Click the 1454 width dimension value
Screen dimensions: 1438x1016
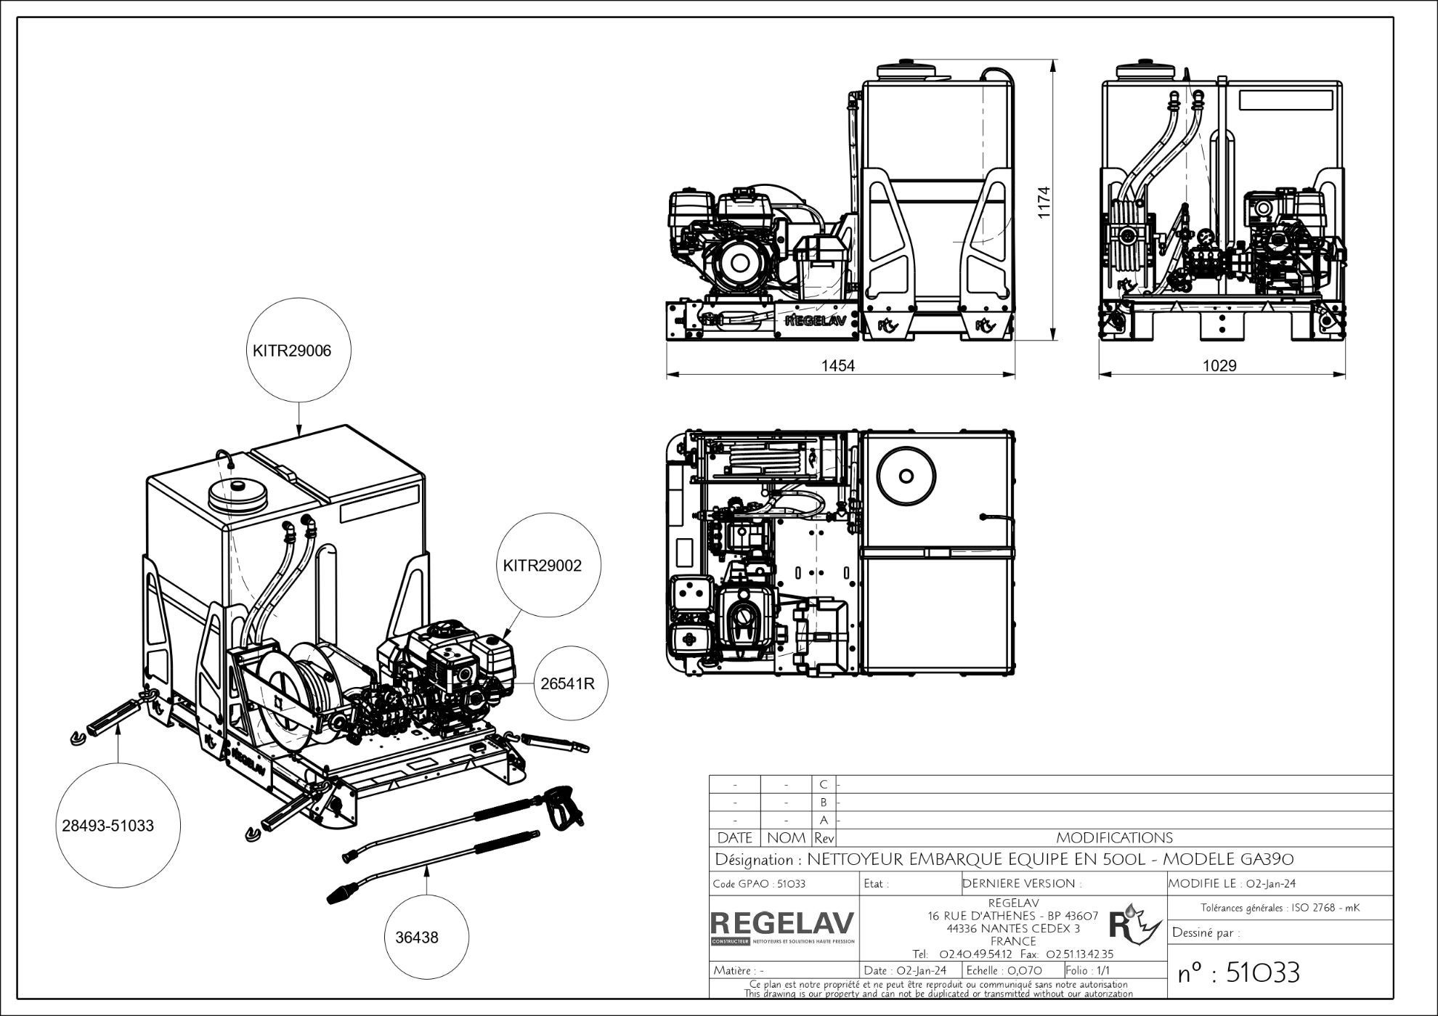tap(838, 365)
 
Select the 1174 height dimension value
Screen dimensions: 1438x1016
tap(1044, 203)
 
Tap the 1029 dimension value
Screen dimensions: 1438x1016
tap(1219, 365)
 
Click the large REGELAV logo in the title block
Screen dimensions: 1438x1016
tap(783, 923)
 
